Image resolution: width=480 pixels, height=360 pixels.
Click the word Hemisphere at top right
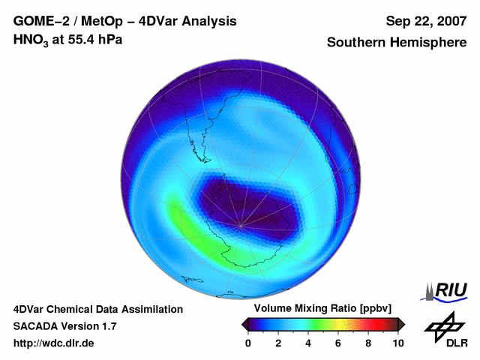tap(427, 43)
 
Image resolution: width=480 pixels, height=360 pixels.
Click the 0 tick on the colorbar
tap(248, 343)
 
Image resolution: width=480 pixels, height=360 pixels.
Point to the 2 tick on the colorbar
tap(278, 343)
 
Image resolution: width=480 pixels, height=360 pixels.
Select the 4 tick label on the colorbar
tap(308, 343)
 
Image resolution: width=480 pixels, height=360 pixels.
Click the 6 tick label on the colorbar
tap(338, 343)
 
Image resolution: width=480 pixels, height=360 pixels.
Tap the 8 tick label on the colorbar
tap(368, 343)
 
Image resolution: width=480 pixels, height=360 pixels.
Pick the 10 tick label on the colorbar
tap(398, 343)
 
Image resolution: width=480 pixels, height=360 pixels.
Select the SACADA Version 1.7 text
tap(64, 326)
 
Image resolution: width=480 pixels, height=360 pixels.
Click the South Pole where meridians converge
tap(240, 225)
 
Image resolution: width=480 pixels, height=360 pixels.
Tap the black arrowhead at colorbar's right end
tap(401, 323)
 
